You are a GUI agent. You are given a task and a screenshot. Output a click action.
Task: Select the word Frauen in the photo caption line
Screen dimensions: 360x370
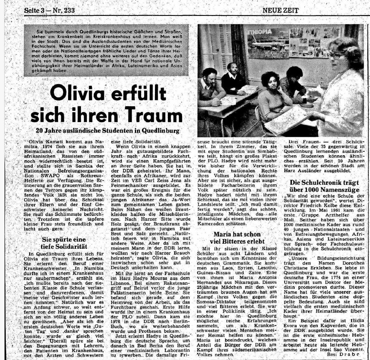click(307, 142)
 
